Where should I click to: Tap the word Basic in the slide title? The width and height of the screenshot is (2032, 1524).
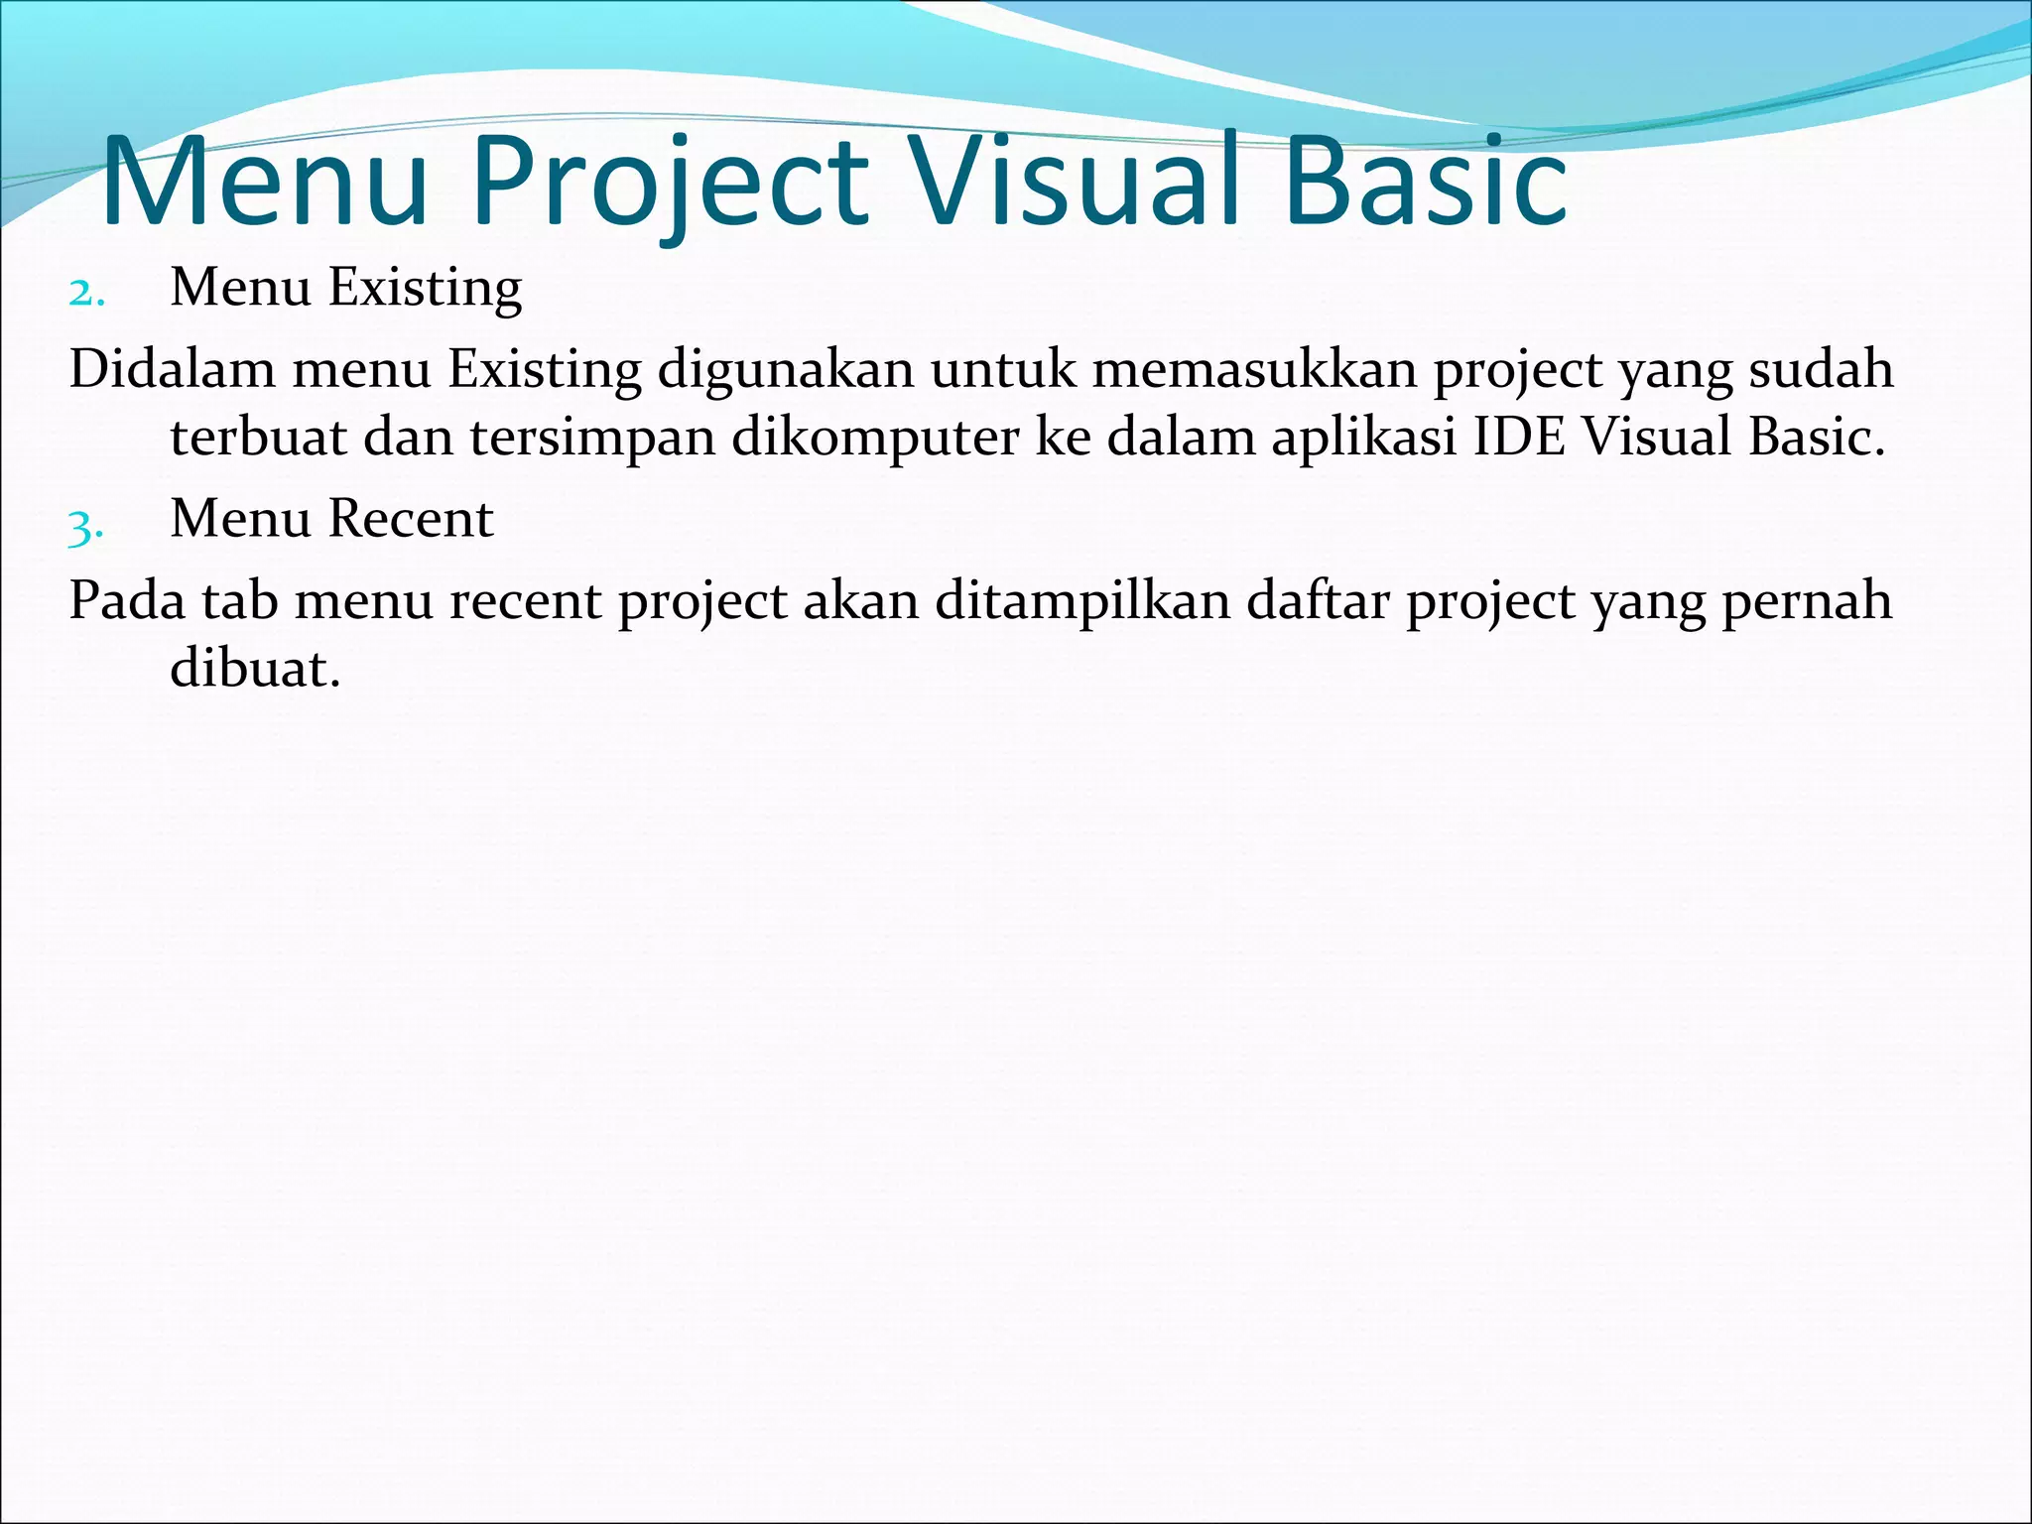[x=1425, y=184]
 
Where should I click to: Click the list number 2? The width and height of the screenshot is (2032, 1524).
[x=86, y=293]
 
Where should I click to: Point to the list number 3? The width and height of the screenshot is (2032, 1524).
[x=86, y=525]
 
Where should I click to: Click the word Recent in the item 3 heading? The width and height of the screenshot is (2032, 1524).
[x=411, y=519]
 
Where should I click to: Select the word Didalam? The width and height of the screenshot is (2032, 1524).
[x=172, y=370]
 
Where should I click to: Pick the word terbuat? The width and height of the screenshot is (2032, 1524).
[x=258, y=437]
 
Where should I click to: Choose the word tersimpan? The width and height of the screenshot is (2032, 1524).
[x=592, y=439]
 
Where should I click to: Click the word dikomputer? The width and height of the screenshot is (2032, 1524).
[x=875, y=439]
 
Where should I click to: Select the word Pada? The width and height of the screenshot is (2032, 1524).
[x=127, y=601]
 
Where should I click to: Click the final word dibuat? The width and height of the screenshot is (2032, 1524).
[x=255, y=669]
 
